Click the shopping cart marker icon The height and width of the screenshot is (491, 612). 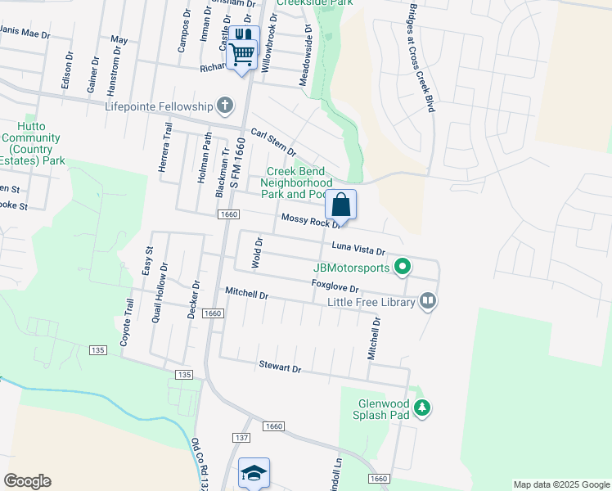click(242, 53)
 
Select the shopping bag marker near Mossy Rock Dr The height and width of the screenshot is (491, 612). click(340, 205)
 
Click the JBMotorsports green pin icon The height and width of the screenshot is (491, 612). click(402, 267)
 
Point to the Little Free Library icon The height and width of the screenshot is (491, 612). click(427, 302)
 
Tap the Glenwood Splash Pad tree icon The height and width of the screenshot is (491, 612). click(421, 407)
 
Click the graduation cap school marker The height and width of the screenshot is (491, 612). click(254, 472)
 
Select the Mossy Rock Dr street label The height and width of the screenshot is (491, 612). click(310, 221)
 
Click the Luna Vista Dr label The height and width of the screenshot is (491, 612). click(358, 249)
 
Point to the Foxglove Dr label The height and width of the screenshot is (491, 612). click(335, 287)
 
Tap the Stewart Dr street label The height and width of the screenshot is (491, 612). click(280, 367)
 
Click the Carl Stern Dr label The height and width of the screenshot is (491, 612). click(273, 141)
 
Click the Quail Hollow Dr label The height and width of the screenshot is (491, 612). click(159, 292)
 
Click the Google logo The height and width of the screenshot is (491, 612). click(27, 481)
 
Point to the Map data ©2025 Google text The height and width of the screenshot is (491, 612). click(560, 484)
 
